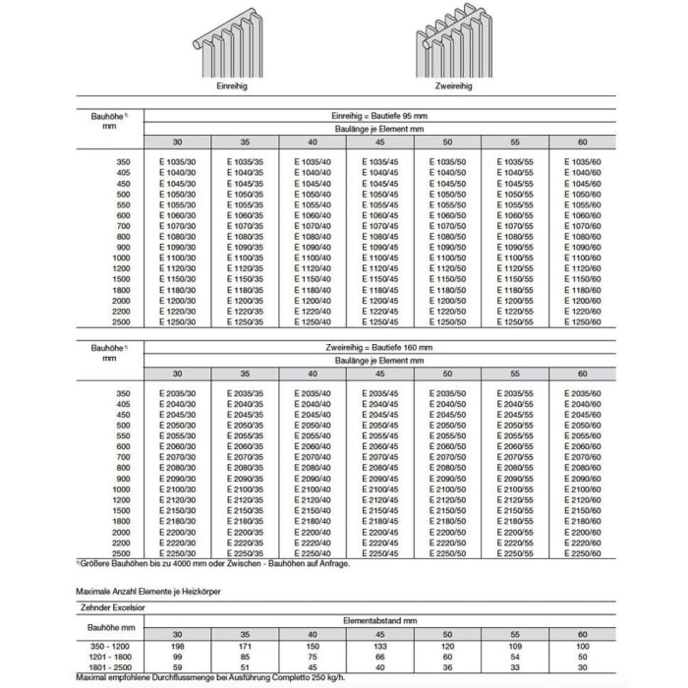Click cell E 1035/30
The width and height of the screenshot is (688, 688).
tap(178, 159)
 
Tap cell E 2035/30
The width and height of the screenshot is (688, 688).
tap(178, 393)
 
